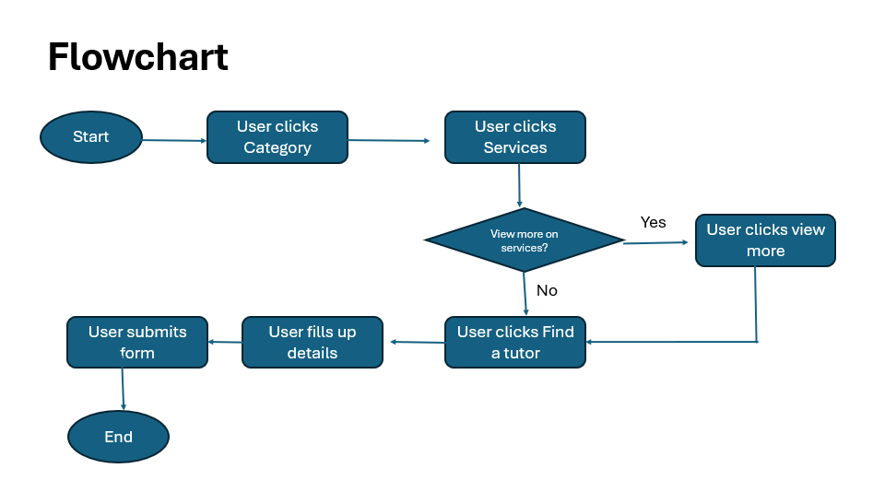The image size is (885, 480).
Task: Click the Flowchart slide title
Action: click(x=137, y=57)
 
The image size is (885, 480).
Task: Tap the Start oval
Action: click(x=91, y=137)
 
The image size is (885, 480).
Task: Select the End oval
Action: click(x=118, y=437)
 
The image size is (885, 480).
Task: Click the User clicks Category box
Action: click(x=277, y=137)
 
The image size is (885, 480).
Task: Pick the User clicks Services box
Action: click(x=514, y=137)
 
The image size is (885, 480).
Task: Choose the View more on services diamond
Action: click(x=524, y=240)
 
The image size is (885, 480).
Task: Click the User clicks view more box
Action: click(x=765, y=240)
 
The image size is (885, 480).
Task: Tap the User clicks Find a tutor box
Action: click(x=514, y=343)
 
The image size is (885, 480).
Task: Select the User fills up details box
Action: click(x=313, y=343)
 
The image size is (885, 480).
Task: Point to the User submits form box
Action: click(x=137, y=343)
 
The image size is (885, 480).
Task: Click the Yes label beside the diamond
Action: click(x=653, y=222)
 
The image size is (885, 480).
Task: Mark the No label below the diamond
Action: click(x=547, y=290)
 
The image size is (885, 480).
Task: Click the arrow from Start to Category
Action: click(x=174, y=140)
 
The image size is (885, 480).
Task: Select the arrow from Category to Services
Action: click(x=389, y=140)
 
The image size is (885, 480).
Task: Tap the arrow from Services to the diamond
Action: click(x=519, y=185)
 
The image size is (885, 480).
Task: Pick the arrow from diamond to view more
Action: click(x=655, y=242)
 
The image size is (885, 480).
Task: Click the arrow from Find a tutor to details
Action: click(x=417, y=342)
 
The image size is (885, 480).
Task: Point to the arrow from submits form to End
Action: click(x=123, y=389)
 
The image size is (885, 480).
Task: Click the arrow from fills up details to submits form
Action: click(x=225, y=342)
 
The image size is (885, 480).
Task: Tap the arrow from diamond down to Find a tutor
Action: click(x=525, y=294)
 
